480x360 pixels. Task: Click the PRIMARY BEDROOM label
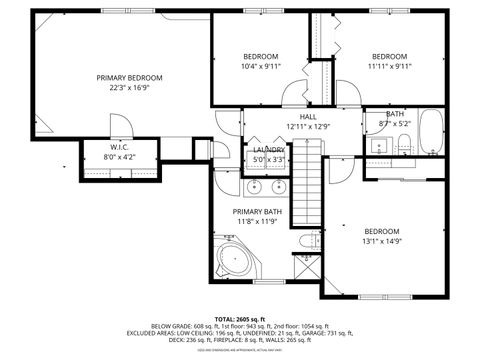coord(129,77)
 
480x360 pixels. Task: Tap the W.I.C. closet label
coord(118,146)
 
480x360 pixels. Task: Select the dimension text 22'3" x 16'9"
coord(129,87)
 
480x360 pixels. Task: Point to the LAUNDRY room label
coord(268,150)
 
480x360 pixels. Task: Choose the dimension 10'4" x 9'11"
coord(261,67)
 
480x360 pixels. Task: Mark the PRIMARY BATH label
coord(258,212)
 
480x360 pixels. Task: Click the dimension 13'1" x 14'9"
coord(381,241)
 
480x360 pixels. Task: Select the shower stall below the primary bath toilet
coord(308,268)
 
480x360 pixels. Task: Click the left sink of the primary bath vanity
coord(252,186)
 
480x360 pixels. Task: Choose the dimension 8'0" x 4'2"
coord(118,157)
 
